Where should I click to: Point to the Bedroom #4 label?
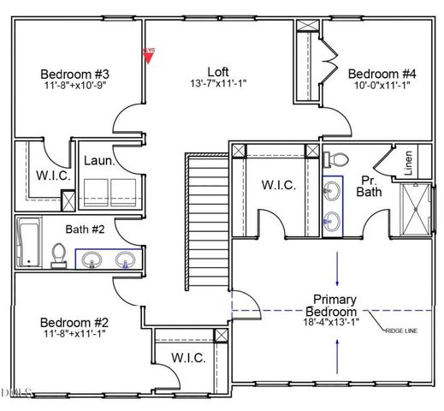tap(382, 74)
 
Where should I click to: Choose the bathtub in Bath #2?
tap(28, 242)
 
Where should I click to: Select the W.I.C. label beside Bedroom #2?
tap(188, 358)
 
